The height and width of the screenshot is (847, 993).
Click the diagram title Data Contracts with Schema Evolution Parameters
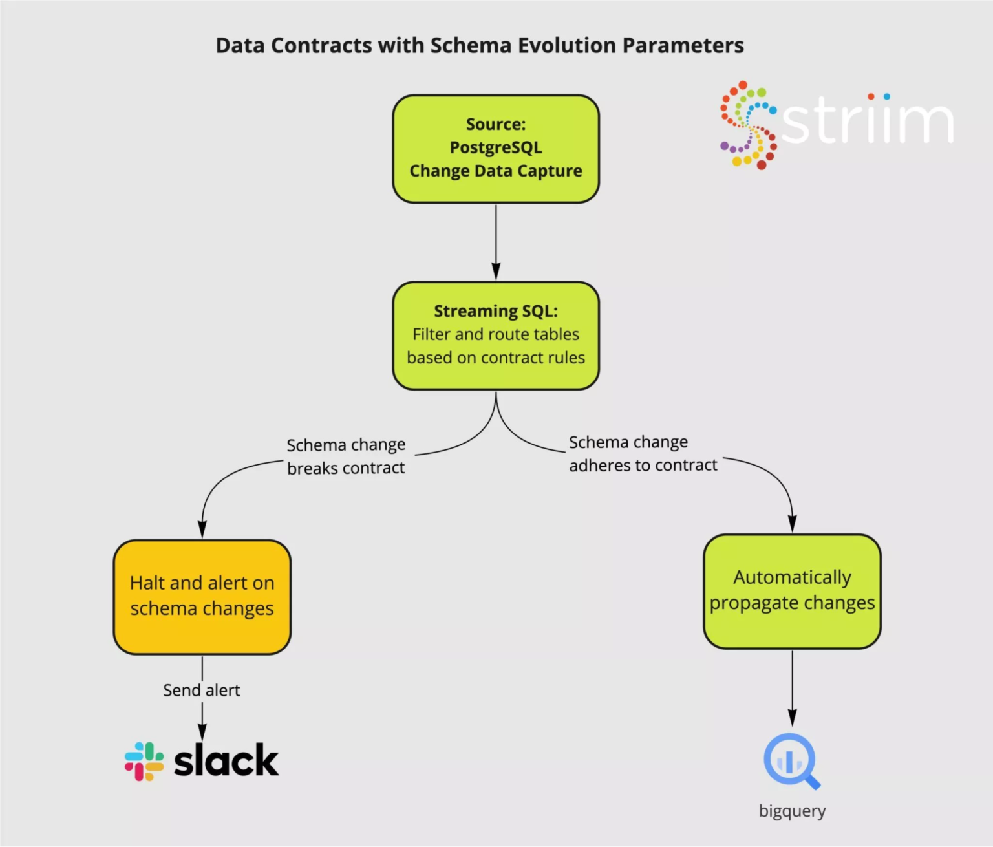480,46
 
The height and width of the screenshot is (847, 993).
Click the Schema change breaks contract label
346,456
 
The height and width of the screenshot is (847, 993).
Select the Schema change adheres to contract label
643,454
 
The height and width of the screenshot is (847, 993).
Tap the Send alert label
201,691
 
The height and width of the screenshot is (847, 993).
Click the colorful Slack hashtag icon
144,761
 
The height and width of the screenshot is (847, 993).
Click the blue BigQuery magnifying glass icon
791,761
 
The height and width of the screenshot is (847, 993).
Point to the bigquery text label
792,811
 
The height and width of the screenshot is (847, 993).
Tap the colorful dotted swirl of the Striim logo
748,125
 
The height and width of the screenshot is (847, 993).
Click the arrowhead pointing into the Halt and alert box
202,530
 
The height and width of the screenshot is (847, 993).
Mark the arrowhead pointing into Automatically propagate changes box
793,524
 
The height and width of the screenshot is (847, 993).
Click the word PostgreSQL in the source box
496,147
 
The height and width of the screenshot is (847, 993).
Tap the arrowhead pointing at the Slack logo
202,732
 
